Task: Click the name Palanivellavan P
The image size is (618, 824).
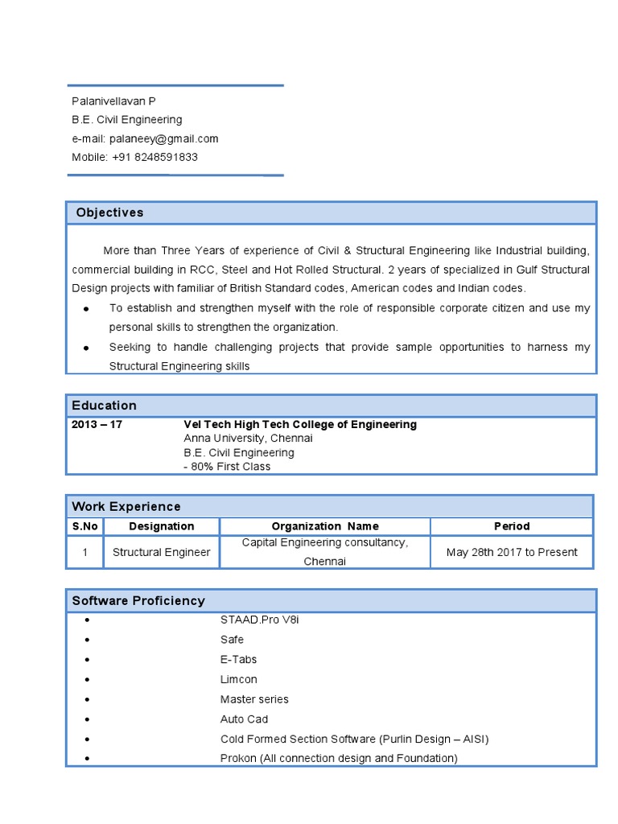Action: pyautogui.click(x=113, y=101)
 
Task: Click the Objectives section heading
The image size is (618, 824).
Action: pyautogui.click(x=109, y=212)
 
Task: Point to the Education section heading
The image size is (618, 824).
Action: pyautogui.click(x=104, y=406)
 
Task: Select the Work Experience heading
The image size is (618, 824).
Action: pyautogui.click(x=126, y=506)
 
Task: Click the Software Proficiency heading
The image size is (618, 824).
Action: pyautogui.click(x=138, y=600)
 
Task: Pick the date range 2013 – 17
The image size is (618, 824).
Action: pyautogui.click(x=97, y=424)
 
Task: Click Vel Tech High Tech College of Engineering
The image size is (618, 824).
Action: pyautogui.click(x=300, y=424)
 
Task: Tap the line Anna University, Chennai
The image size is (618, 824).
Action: pyautogui.click(x=248, y=439)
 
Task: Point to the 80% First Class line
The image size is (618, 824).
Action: pyautogui.click(x=227, y=467)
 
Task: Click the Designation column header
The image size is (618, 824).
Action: pyautogui.click(x=161, y=526)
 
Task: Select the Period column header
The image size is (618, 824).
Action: pyautogui.click(x=512, y=526)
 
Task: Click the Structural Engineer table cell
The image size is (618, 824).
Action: pyautogui.click(x=161, y=552)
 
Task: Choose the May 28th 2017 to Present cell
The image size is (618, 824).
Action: pyautogui.click(x=512, y=552)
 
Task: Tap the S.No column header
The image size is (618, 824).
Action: pyautogui.click(x=84, y=526)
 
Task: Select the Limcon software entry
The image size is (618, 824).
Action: pyautogui.click(x=238, y=679)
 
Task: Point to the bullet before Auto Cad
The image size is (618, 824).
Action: pyautogui.click(x=86, y=719)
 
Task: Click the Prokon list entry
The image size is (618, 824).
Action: pyautogui.click(x=338, y=758)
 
